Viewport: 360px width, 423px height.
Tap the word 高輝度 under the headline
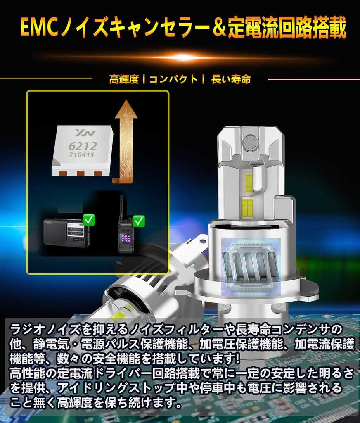[124, 79]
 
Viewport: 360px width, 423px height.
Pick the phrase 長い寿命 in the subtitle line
[231, 79]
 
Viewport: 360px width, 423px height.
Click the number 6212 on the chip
[83, 146]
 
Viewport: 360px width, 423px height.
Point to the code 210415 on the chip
[81, 155]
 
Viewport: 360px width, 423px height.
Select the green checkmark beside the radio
[89, 220]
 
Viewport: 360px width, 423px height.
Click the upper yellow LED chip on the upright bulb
[249, 183]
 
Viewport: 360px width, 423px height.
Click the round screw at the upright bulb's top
[249, 142]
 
